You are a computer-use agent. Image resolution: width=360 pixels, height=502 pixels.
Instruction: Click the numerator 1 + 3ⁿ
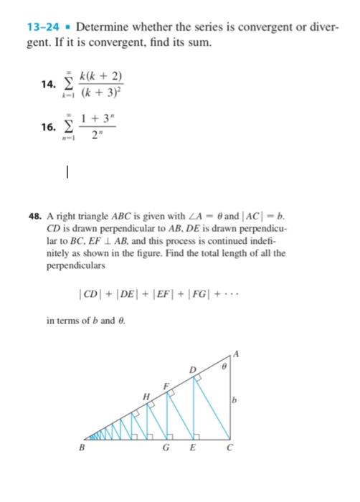pos(99,116)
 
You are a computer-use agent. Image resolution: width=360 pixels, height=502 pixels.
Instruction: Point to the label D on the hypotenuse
pos(192,370)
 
